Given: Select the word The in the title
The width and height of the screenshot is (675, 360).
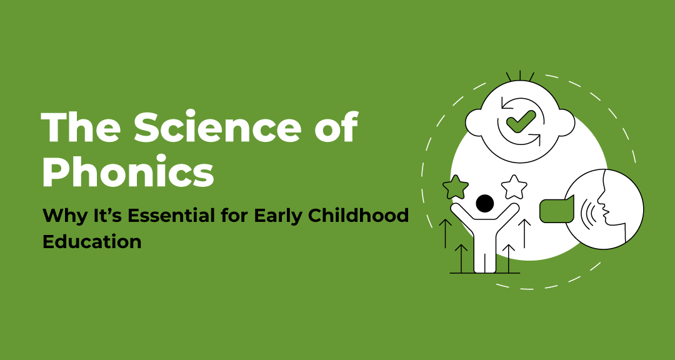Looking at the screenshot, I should [x=80, y=129].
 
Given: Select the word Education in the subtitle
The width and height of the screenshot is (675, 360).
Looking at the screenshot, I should [x=92, y=241].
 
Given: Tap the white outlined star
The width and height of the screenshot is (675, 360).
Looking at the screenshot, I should [x=515, y=186].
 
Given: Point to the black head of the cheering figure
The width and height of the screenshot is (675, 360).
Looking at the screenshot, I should [x=484, y=203].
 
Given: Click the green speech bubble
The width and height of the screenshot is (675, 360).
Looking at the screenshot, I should [x=556, y=209].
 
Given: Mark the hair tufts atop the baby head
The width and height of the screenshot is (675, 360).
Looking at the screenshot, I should [x=520, y=76].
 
